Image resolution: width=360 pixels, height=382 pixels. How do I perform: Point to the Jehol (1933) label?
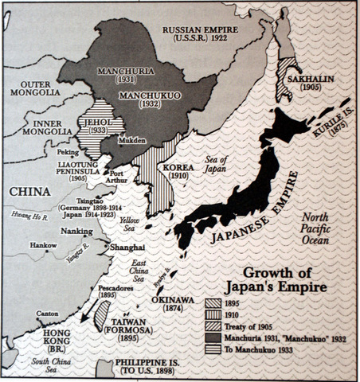coord(95,130)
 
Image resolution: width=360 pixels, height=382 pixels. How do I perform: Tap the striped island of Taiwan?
coord(102,316)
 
